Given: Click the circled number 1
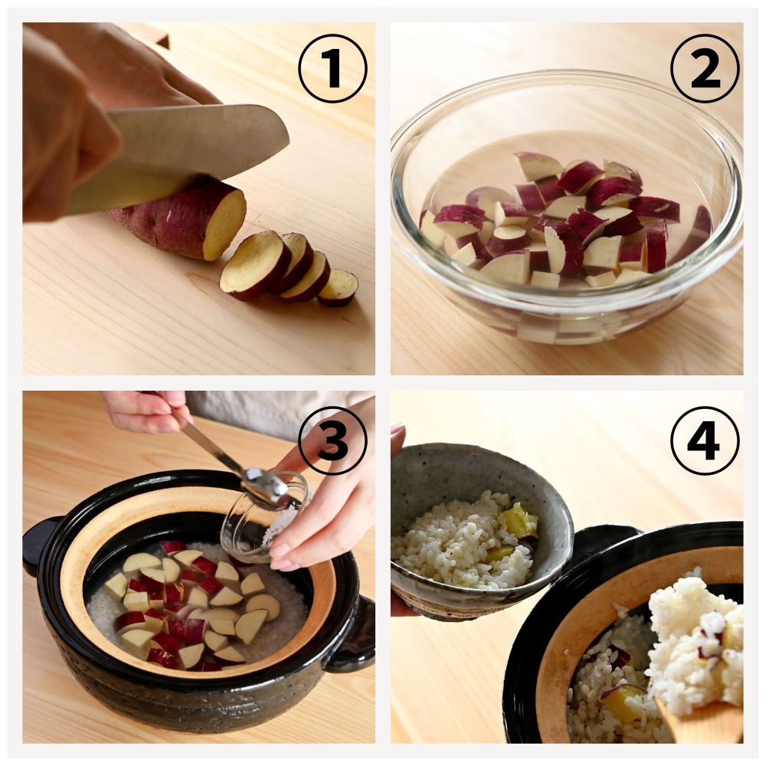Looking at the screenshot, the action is (332, 68).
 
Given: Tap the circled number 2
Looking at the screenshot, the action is (705, 68).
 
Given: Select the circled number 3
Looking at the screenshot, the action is (332, 440).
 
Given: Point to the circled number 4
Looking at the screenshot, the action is (705, 440).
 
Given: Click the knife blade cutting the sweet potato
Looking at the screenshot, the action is (185, 156).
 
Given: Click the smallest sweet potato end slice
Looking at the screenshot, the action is (338, 288).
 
